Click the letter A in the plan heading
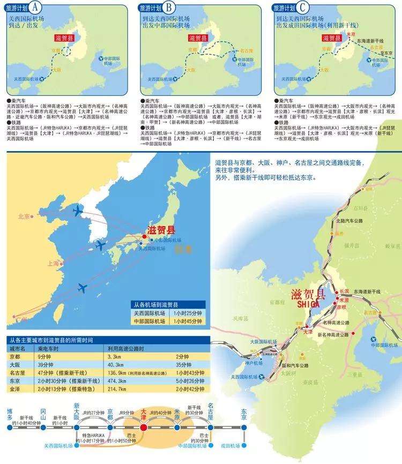35,8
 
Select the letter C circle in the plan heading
304,8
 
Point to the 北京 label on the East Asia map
23,217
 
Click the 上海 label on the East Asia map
53,264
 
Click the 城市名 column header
18,348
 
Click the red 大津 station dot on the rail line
143,428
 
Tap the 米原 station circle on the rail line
177,428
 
